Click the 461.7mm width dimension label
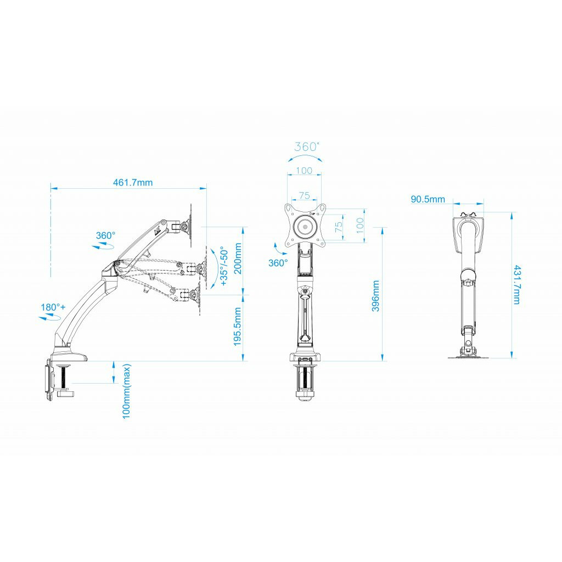coord(133,182)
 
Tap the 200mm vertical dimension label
coord(238,258)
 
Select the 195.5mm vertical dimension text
coord(238,327)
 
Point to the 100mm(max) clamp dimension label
coord(127,391)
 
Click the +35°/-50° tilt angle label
coord(224,266)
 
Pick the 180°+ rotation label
coord(53,307)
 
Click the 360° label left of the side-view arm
coord(106,235)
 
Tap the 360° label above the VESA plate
coord(307,147)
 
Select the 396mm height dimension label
coord(375,296)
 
